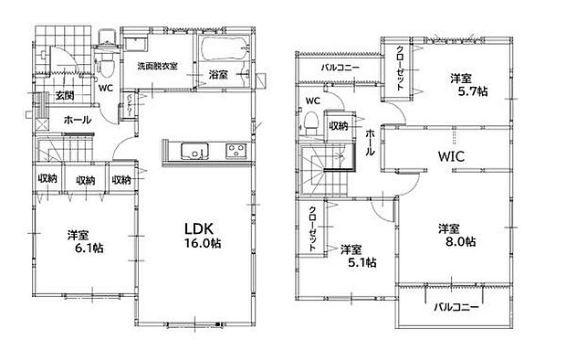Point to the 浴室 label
pyautogui.click(x=218, y=73)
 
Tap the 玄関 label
pyautogui.click(x=64, y=96)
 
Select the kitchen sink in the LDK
pyautogui.click(x=194, y=151)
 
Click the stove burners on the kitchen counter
pyautogui.click(x=235, y=151)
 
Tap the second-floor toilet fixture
pyautogui.click(x=311, y=120)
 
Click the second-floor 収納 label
pyautogui.click(x=338, y=126)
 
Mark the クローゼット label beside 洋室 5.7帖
pyautogui.click(x=402, y=67)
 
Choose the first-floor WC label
pyautogui.click(x=105, y=89)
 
